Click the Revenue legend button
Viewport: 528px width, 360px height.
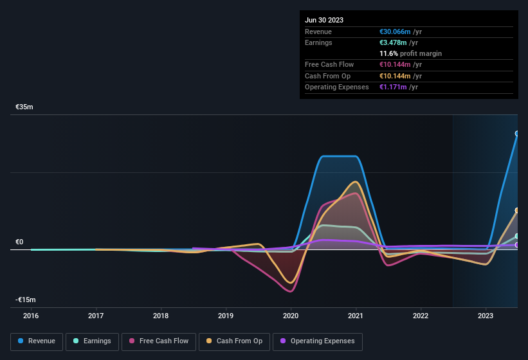(x=37, y=341)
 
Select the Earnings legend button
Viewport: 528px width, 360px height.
(x=92, y=341)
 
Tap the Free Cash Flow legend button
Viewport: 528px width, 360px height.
(x=159, y=341)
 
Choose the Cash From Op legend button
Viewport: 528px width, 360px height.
(x=234, y=341)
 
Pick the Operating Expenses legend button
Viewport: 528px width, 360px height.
(x=317, y=341)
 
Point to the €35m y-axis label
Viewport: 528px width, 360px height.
(x=24, y=107)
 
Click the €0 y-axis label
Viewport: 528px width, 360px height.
(x=19, y=242)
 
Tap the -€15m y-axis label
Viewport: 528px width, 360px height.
(x=26, y=300)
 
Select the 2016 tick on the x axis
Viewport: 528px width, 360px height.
(x=31, y=316)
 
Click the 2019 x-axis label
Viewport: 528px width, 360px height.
(x=226, y=316)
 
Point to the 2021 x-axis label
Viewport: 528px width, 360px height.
(x=356, y=316)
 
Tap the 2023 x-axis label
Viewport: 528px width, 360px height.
(x=486, y=316)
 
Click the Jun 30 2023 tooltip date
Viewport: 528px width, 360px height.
(x=324, y=20)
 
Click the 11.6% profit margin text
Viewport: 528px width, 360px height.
(x=410, y=53)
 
